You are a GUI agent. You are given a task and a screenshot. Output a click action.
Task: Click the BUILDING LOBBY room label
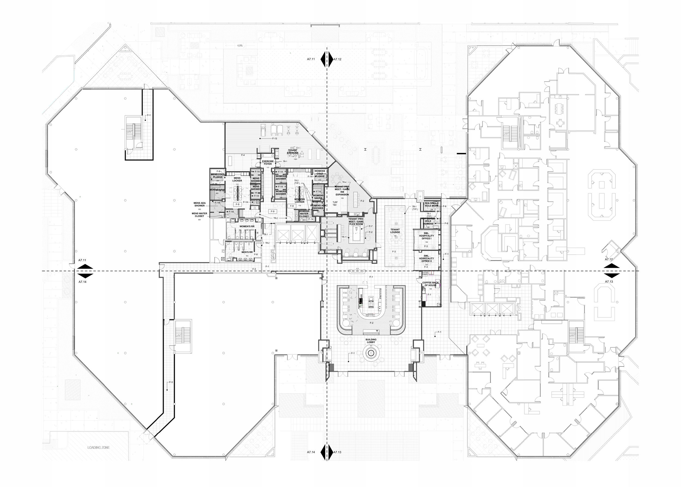371,341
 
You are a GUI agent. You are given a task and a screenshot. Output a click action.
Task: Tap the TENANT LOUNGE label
395,231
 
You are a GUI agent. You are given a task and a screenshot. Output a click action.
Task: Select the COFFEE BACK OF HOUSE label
431,284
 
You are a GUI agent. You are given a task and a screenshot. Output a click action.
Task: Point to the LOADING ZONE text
99,448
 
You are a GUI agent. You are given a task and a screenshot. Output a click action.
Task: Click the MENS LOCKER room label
237,179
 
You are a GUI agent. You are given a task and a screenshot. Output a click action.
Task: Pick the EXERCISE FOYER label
268,163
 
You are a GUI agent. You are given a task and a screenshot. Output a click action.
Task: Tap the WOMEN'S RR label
247,226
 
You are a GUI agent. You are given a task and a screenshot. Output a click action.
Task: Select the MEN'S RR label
247,252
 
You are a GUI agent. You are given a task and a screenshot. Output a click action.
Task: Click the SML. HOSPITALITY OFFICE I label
426,236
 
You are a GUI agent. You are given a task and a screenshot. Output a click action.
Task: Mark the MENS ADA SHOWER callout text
200,204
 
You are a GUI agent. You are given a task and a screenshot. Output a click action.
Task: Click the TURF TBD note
335,204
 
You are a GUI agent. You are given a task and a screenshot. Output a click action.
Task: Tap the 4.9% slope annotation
240,46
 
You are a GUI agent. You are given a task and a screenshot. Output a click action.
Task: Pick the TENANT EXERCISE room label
293,151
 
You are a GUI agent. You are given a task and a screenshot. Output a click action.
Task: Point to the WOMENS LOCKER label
299,201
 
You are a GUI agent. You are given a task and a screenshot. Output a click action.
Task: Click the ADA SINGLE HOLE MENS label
431,205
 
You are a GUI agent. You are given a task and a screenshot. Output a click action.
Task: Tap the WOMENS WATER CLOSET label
304,214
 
